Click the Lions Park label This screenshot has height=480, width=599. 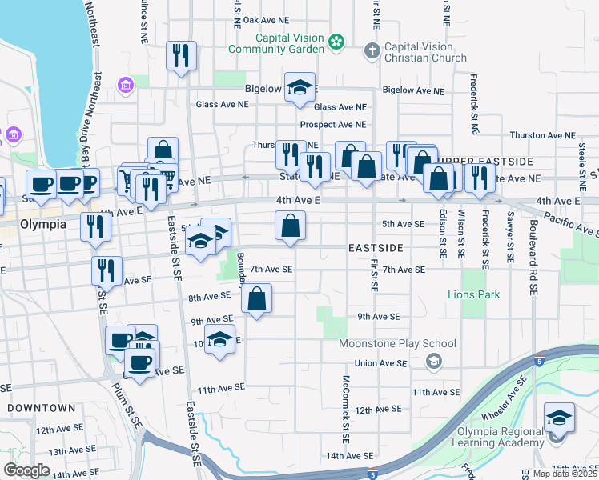tap(473, 295)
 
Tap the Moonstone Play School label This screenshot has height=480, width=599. tap(397, 344)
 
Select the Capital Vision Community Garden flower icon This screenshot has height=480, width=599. tap(337, 40)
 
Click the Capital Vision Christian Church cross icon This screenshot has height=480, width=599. tap(371, 51)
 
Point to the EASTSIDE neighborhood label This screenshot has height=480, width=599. tap(376, 249)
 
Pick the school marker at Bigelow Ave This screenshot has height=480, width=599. tap(300, 90)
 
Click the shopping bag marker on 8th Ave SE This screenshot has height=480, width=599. tap(256, 300)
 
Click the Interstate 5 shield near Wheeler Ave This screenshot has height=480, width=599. tap(541, 361)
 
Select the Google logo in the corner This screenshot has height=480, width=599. tap(26, 470)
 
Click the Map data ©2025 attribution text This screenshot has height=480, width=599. tap(565, 474)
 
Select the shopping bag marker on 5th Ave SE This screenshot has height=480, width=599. tap(290, 226)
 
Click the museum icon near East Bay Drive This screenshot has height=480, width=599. tap(125, 85)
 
